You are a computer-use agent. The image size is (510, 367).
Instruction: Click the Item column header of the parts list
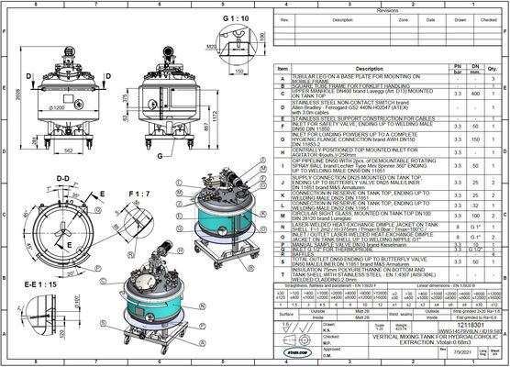click(x=283, y=68)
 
